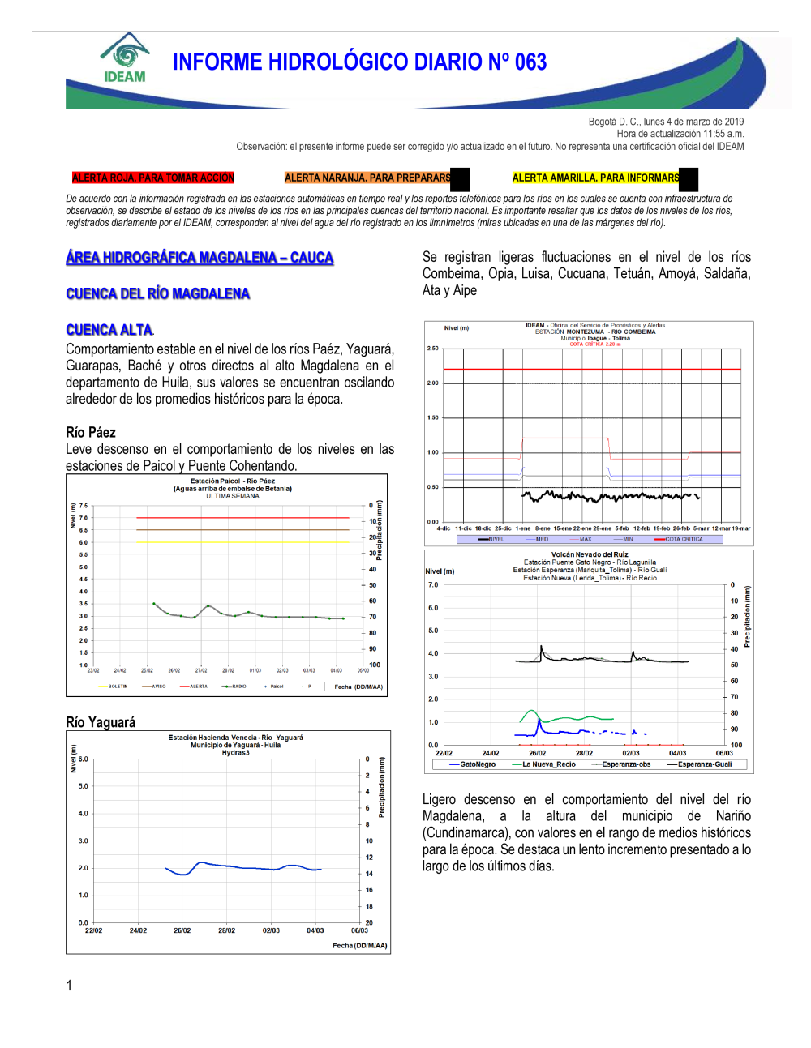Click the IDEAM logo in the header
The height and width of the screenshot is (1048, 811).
pyautogui.click(x=125, y=59)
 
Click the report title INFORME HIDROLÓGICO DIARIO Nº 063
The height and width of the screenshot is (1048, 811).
pyautogui.click(x=359, y=62)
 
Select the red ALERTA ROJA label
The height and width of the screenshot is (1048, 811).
pyautogui.click(x=152, y=178)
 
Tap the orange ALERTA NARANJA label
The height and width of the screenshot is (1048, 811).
pyautogui.click(x=367, y=178)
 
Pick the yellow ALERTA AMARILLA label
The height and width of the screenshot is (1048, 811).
pyautogui.click(x=596, y=178)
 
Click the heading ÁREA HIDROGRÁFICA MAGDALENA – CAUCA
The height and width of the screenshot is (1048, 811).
pyautogui.click(x=200, y=258)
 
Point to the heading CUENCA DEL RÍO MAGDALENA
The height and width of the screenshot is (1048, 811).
pyautogui.click(x=158, y=293)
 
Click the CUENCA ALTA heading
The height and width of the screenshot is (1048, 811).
pyautogui.click(x=109, y=330)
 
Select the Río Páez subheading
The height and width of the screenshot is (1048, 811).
pyautogui.click(x=91, y=432)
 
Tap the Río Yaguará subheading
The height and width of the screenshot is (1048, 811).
pyautogui.click(x=101, y=722)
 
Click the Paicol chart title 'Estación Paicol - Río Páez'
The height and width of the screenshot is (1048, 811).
pyautogui.click(x=232, y=481)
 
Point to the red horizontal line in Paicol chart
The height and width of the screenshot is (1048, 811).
pyautogui.click(x=243, y=517)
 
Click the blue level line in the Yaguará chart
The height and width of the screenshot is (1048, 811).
pyautogui.click(x=243, y=866)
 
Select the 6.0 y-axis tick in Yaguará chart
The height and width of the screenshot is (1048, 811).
pyautogui.click(x=83, y=759)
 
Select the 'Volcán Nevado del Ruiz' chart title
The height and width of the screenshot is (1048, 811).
pyautogui.click(x=590, y=554)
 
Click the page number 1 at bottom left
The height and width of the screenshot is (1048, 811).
pyautogui.click(x=69, y=986)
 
